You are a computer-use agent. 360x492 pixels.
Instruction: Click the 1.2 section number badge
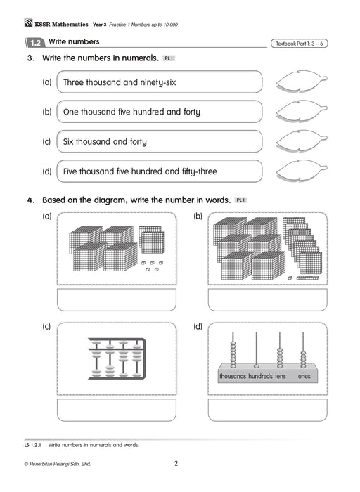click(35, 43)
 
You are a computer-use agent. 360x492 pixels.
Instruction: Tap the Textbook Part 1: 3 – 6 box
click(299, 44)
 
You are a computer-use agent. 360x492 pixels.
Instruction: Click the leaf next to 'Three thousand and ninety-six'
click(302, 81)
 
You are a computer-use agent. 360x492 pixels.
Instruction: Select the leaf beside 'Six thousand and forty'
click(302, 141)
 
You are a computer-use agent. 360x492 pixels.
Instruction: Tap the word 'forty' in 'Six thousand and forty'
click(139, 142)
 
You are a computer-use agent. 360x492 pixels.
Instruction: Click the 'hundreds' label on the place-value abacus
click(260, 376)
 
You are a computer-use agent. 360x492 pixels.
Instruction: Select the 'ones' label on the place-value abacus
click(304, 376)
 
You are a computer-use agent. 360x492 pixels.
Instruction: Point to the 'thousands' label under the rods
click(233, 376)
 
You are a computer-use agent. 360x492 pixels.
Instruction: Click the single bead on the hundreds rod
click(257, 366)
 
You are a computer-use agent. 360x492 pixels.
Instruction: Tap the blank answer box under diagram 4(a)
click(117, 299)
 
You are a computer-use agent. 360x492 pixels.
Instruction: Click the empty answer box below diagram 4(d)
click(268, 410)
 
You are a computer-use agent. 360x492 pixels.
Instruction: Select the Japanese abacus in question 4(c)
click(117, 358)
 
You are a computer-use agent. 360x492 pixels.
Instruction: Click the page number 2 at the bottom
click(176, 463)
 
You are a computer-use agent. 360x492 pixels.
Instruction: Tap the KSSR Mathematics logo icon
click(29, 23)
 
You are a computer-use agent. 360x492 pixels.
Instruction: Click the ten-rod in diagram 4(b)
click(307, 278)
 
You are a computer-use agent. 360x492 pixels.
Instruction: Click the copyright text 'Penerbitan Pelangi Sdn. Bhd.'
click(60, 464)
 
